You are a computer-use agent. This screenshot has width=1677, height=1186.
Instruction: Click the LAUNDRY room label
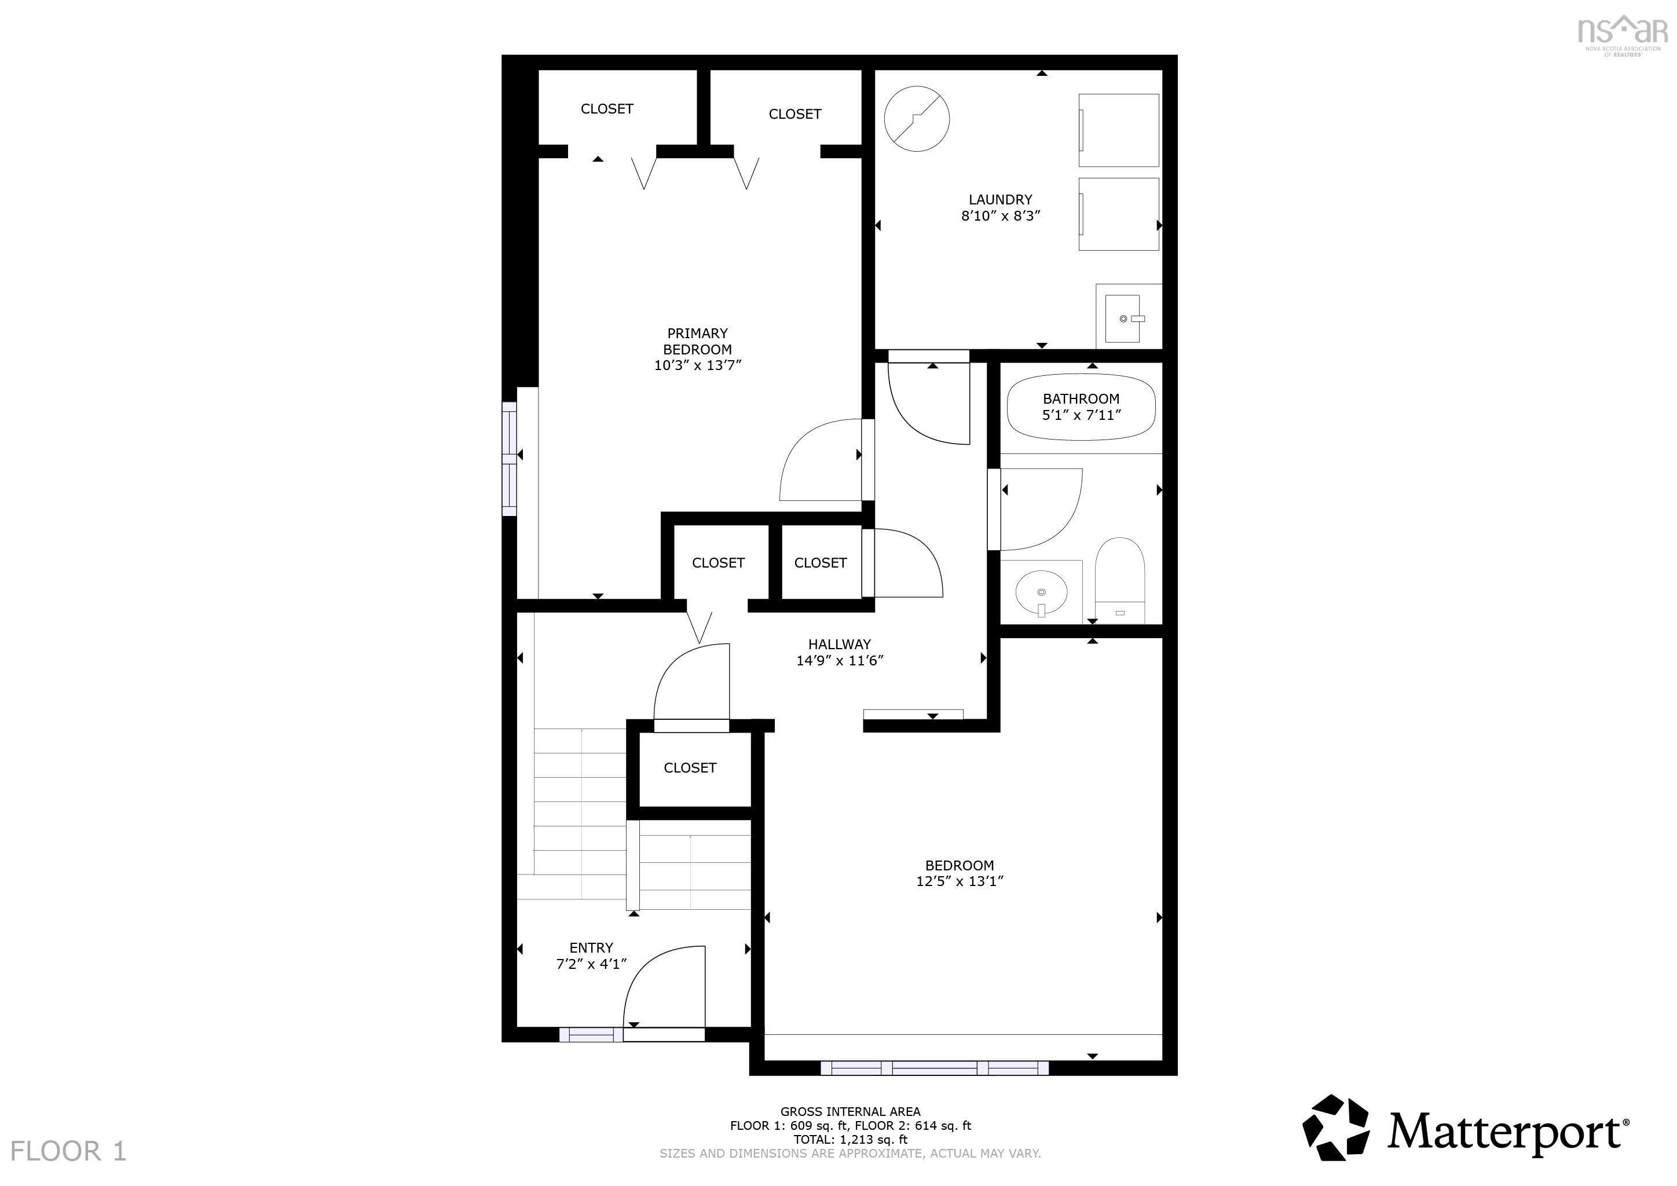click(1000, 199)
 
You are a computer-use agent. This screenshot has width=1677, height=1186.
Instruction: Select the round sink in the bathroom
click(1041, 593)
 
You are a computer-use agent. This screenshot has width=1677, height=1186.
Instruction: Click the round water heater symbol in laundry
click(917, 118)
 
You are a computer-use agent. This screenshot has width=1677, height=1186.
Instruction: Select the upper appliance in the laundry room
click(1119, 130)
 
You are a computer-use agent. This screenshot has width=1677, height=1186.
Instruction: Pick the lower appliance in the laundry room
click(1119, 214)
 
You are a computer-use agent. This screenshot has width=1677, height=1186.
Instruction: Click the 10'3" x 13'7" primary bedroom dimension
click(698, 365)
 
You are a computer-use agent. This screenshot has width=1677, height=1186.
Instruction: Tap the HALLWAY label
click(839, 644)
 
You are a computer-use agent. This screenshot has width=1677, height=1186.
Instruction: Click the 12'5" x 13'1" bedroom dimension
click(959, 881)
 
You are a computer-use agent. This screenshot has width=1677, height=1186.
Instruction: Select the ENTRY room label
click(591, 947)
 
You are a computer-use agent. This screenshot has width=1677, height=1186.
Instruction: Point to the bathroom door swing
click(1041, 509)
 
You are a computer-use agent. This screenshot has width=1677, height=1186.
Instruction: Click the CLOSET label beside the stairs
click(690, 767)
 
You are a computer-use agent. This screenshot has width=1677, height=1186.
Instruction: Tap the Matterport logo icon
click(1336, 1128)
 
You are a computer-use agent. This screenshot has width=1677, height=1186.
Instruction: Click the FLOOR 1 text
click(68, 1152)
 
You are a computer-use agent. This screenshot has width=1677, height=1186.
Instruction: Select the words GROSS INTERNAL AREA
click(850, 1111)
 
